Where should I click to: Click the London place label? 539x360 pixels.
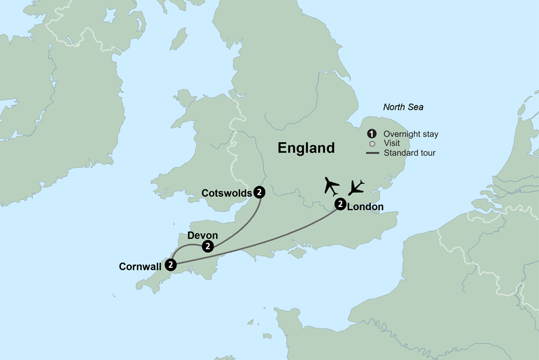click(365, 206)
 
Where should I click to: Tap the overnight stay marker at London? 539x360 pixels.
click(340, 204)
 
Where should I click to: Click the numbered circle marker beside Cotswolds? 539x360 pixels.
click(260, 191)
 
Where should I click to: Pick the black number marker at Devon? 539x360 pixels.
click(208, 246)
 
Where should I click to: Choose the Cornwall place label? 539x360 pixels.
click(142, 266)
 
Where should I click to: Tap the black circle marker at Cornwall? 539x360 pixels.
click(171, 264)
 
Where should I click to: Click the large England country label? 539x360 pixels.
click(306, 148)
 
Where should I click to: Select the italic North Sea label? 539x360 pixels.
click(403, 107)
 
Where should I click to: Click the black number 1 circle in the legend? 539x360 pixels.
click(371, 134)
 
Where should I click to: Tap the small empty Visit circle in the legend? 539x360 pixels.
click(371, 143)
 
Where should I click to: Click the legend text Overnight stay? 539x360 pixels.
click(410, 134)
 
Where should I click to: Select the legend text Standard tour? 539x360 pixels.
click(410, 153)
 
